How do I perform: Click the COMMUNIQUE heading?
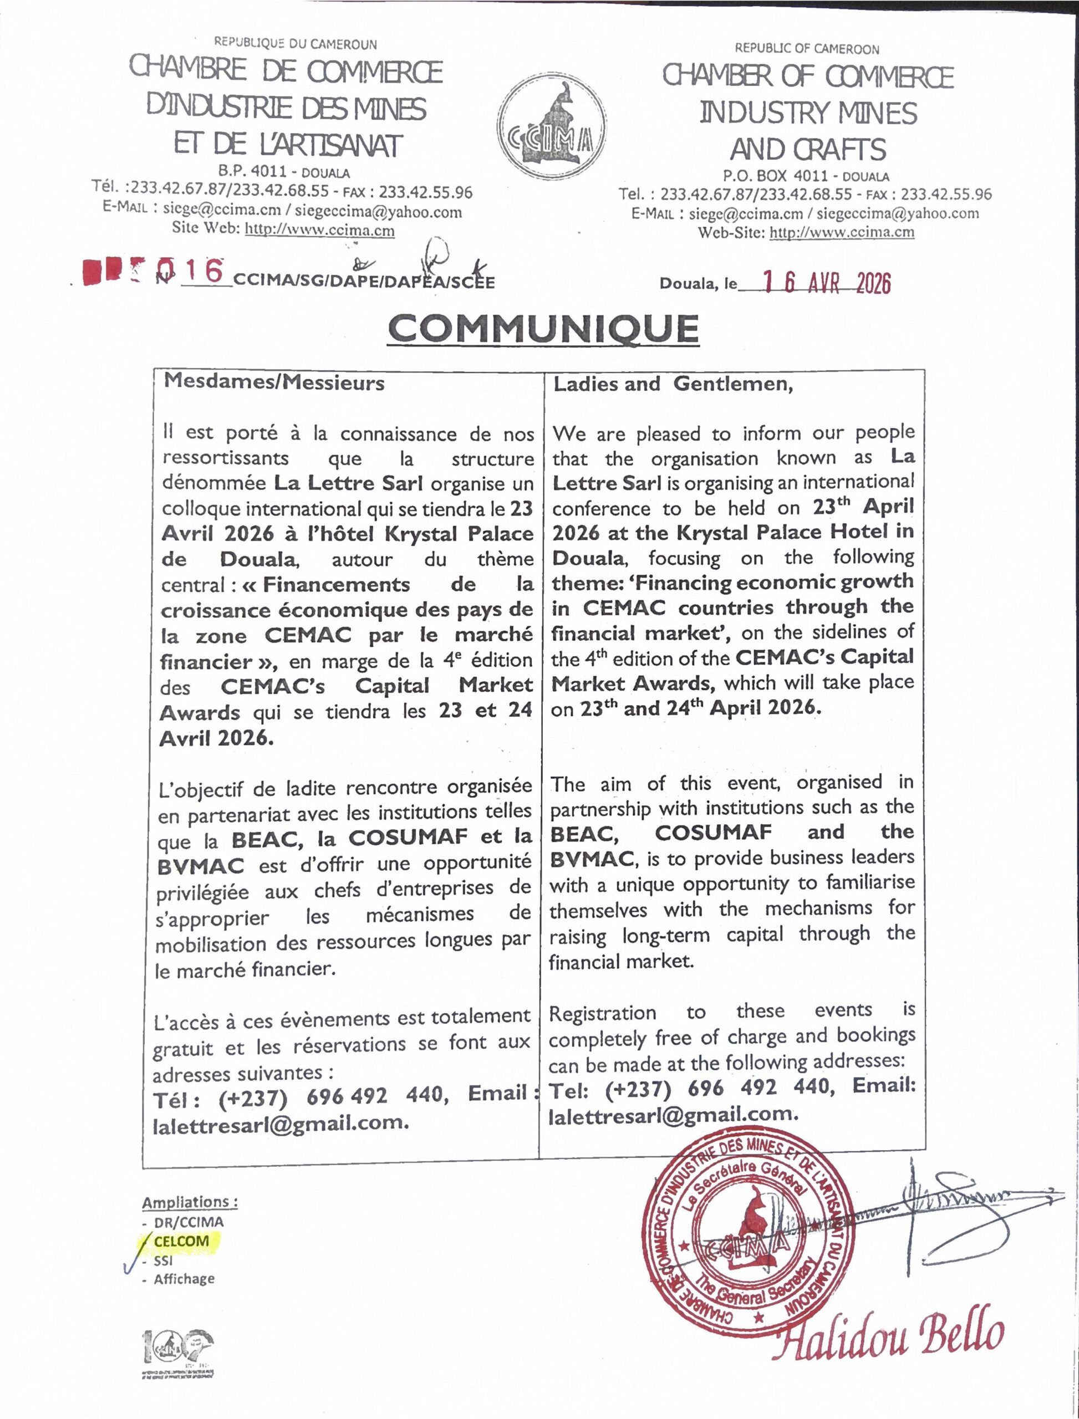(x=543, y=329)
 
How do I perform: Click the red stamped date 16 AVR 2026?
(x=827, y=283)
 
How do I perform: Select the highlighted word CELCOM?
(x=181, y=1241)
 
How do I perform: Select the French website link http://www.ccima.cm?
(x=320, y=231)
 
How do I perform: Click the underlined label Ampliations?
(x=190, y=1202)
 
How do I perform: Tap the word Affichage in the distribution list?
(x=184, y=1279)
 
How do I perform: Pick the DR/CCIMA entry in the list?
(x=188, y=1222)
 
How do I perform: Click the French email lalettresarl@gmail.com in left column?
(x=281, y=1123)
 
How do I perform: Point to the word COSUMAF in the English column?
(x=713, y=833)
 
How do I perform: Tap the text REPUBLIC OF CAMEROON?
(x=807, y=49)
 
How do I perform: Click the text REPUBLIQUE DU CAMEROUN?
(x=296, y=44)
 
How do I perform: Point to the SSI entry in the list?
(x=163, y=1260)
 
